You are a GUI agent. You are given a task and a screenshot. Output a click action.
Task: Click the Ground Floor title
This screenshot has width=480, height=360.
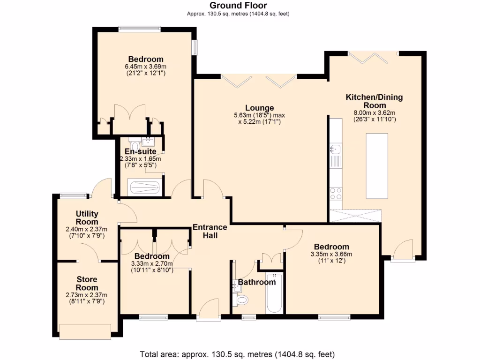coord(238,6)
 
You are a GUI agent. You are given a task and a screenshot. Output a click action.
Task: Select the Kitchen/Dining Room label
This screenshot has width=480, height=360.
coord(374,101)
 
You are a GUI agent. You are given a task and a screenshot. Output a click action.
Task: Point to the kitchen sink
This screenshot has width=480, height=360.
coord(336,150)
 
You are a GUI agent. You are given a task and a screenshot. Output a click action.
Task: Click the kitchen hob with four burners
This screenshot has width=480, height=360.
coord(336,193)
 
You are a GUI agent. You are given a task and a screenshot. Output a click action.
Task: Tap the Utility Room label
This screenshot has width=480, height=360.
coord(87,218)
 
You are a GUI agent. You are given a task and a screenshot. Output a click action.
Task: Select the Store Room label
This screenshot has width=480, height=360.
coord(87,284)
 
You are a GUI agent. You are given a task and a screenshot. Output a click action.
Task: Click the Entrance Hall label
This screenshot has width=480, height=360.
coord(210,231)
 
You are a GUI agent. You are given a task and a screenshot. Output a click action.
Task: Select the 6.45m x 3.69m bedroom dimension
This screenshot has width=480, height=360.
coord(146,67)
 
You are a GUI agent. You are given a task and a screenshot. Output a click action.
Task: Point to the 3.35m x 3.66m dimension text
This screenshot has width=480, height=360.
coord(331,255)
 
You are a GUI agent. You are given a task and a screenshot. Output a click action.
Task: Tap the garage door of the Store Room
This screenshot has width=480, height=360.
coord(85,331)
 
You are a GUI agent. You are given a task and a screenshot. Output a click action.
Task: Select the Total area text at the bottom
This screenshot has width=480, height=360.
coord(237,354)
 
